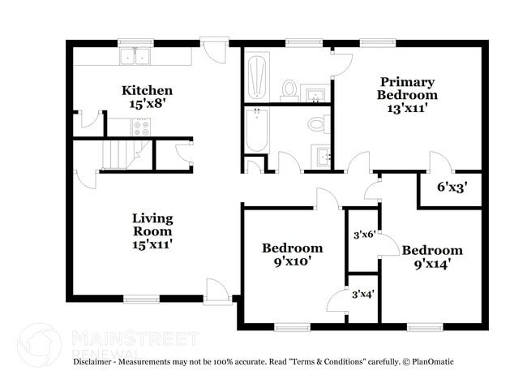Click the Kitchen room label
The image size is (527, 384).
coord(147,89)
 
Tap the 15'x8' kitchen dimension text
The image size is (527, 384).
coord(147,103)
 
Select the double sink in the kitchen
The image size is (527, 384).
coord(135,56)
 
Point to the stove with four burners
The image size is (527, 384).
coord(141,127)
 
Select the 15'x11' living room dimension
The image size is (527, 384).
coord(152,243)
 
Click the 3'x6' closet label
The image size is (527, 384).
coord(362,235)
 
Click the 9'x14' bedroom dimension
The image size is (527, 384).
coord(432,263)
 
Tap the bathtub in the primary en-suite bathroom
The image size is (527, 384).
coord(257,76)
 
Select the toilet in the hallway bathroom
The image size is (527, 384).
coord(316,124)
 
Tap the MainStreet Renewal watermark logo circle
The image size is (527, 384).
coord(39,344)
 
